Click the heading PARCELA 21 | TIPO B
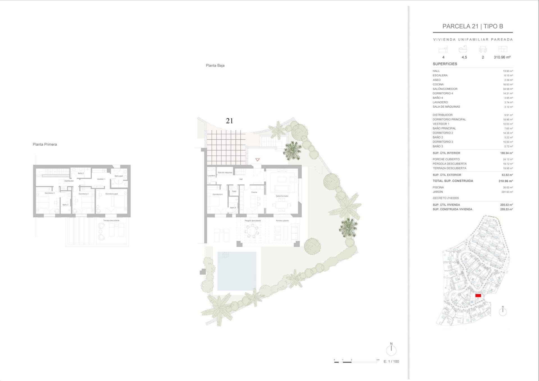click(x=472, y=26)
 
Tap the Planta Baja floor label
click(x=215, y=65)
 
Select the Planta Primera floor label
click(x=45, y=144)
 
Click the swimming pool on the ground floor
click(x=237, y=271)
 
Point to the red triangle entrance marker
click(x=257, y=160)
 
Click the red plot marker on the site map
click(x=478, y=295)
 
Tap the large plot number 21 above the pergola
click(x=229, y=121)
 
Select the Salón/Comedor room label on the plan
click(x=282, y=196)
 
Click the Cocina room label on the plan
click(x=254, y=192)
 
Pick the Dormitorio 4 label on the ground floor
click(x=217, y=194)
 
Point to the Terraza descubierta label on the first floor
click(x=111, y=220)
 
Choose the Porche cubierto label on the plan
click(x=282, y=221)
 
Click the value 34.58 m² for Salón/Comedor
click(x=508, y=89)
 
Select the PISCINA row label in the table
click(x=438, y=187)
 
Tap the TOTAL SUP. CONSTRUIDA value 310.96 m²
click(x=506, y=181)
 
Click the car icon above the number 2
click(x=483, y=50)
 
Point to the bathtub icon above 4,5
click(x=463, y=49)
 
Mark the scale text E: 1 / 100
click(x=391, y=362)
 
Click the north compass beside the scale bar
click(x=391, y=350)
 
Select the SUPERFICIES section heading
click(x=445, y=64)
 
